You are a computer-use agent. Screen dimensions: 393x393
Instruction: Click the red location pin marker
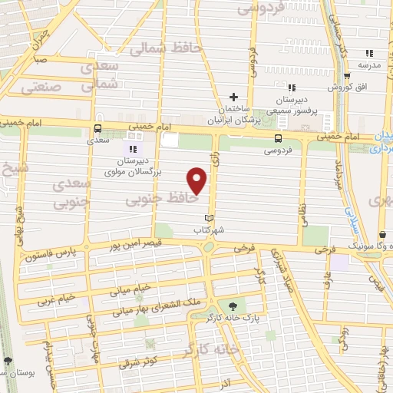[198, 180]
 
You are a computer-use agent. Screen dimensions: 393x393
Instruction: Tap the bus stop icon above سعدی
[97, 130]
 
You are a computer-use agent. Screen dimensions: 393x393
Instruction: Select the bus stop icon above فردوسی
[278, 138]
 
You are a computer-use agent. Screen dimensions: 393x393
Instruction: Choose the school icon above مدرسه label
[369, 53]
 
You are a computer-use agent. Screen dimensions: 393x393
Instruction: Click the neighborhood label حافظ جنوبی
[163, 199]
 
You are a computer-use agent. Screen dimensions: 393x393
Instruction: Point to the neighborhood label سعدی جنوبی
[71, 195]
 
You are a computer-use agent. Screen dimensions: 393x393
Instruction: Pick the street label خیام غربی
[57, 297]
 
